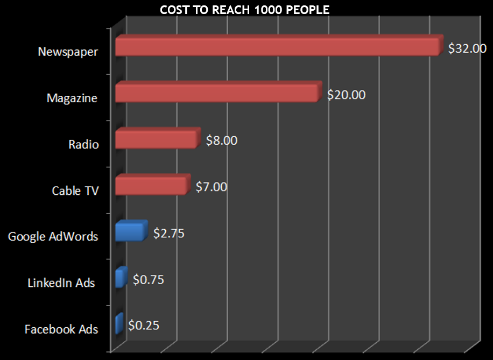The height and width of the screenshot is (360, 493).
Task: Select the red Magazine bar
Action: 217,93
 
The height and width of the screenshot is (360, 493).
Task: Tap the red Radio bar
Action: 157,139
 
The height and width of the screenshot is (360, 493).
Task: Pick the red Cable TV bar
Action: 151,185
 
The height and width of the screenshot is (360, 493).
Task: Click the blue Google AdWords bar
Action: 130,231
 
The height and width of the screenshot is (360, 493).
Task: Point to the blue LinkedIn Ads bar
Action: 121,278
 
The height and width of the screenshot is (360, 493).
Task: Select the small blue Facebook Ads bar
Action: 119,324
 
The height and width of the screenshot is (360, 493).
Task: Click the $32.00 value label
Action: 467,48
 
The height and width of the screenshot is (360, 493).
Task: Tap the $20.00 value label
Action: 346,95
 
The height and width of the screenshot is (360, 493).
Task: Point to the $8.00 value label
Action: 221,140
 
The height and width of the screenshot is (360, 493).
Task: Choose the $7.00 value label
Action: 211,187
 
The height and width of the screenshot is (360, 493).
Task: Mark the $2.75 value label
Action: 169,234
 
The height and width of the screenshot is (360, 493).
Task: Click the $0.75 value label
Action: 148,280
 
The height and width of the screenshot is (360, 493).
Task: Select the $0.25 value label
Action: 144,326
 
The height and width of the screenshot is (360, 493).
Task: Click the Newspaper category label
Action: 68,52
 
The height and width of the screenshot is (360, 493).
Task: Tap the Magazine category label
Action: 72,98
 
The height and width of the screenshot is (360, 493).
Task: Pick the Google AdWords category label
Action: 53,237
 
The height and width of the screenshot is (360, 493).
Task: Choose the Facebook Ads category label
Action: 61,329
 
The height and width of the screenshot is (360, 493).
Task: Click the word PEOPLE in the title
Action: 308,10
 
